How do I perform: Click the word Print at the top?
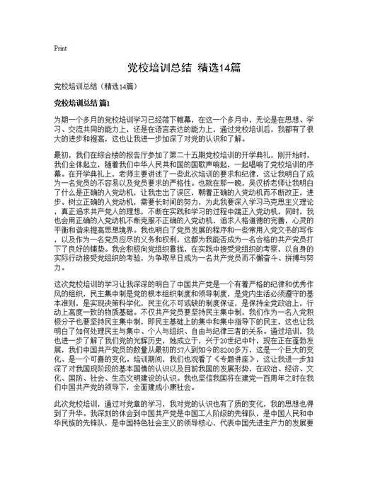click(x=60, y=49)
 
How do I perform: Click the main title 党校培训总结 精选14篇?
click(x=184, y=68)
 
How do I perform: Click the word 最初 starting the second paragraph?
click(x=62, y=154)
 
